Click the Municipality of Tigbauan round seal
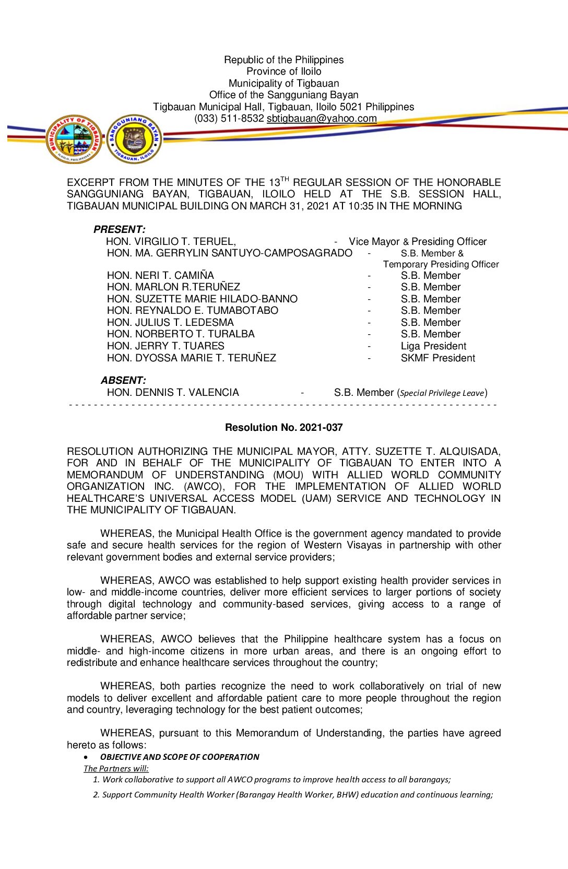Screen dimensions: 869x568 (x=74, y=139)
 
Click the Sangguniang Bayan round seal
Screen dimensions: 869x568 (x=134, y=139)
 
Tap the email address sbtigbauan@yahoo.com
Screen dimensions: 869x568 (x=322, y=119)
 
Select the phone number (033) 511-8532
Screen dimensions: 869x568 (x=229, y=119)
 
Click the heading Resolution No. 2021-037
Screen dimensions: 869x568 (x=283, y=427)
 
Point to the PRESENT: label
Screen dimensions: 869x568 (x=119, y=229)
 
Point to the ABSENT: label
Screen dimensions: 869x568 (x=123, y=380)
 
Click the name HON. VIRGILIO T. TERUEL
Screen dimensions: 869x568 (x=171, y=241)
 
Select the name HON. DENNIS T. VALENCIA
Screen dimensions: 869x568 (x=173, y=392)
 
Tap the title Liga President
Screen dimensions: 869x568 (x=433, y=346)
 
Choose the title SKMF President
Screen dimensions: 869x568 (x=437, y=358)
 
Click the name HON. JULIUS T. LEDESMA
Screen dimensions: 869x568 (x=170, y=323)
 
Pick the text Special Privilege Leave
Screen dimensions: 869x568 (x=442, y=393)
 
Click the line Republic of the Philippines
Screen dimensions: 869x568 (x=283, y=60)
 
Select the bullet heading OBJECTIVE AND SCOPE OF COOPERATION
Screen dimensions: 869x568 (x=180, y=757)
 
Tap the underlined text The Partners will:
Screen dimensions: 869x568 (x=116, y=769)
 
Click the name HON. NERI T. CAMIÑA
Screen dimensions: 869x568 (x=160, y=275)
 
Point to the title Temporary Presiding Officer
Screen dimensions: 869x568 (x=441, y=264)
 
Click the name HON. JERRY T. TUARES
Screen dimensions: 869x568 (x=165, y=346)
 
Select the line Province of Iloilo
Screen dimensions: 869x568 (x=283, y=72)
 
